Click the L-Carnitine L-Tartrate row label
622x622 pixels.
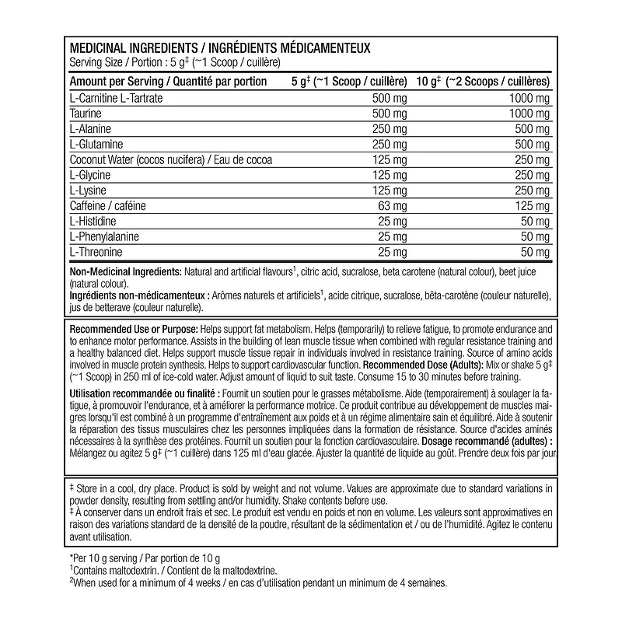117,99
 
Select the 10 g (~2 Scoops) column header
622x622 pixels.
483,81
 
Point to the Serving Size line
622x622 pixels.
174,62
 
